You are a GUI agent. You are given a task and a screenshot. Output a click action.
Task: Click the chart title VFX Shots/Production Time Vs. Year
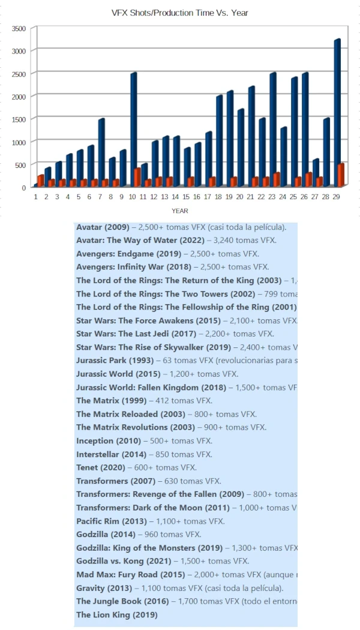coord(180,13)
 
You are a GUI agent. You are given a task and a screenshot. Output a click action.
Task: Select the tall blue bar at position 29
coord(337,114)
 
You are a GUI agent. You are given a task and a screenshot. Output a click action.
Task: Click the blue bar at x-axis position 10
coord(133,129)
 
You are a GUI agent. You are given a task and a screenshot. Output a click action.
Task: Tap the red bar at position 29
coord(341,175)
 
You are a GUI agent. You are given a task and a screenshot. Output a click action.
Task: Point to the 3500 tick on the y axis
coord(19,28)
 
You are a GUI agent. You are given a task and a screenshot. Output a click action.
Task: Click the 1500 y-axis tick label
coord(19,119)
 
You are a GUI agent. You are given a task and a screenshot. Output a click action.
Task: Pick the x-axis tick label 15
coord(187,197)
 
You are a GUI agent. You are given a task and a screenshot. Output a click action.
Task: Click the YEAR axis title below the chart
coord(180,211)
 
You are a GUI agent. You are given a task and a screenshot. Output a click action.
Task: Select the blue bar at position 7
coord(101,152)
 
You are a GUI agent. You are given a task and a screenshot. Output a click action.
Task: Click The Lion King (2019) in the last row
coord(116,615)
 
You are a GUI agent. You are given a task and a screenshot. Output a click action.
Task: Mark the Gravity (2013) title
coord(101,588)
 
